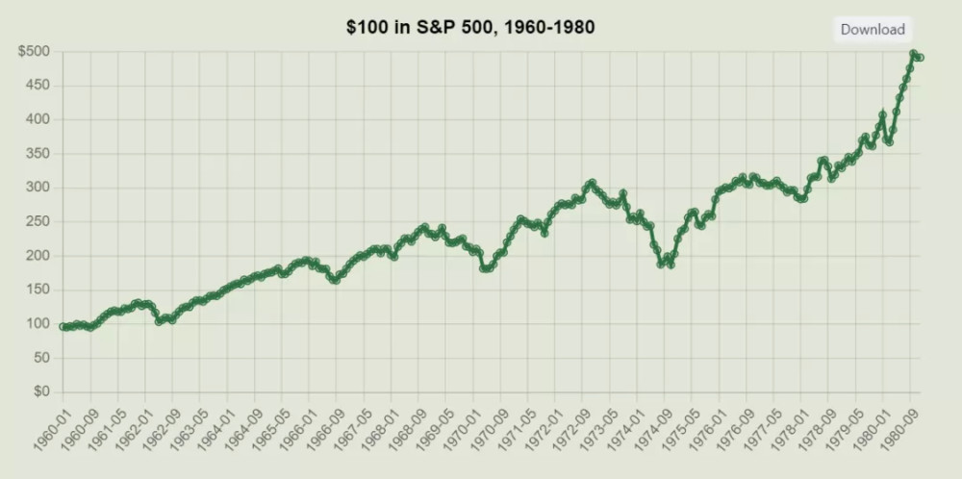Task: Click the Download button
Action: click(873, 29)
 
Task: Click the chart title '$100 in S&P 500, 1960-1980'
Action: click(470, 27)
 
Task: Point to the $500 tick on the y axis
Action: click(35, 52)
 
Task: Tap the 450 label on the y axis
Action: click(38, 86)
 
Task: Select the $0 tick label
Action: click(40, 391)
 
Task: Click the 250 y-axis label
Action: click(38, 221)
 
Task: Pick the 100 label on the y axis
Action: click(38, 323)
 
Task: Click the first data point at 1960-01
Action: click(63, 327)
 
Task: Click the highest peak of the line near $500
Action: click(913, 55)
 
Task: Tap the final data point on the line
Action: click(921, 58)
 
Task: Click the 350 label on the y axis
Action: click(38, 154)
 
